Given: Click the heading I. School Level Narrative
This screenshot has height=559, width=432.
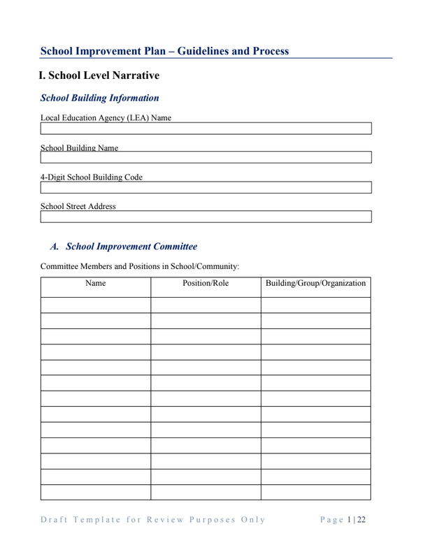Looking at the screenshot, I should coord(99,75).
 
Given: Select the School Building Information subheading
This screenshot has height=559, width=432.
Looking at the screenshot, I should coord(100,98).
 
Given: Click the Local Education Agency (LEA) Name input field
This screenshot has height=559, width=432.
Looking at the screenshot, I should coord(206,129).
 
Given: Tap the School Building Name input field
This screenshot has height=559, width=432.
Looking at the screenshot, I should coord(206,157).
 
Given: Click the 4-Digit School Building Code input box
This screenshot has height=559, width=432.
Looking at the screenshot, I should coord(206,187).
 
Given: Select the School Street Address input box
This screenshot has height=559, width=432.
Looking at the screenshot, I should coord(206,217).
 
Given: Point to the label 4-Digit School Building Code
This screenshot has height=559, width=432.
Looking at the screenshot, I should coord(92,177).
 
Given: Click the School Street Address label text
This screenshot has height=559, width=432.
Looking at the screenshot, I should coord(78,207).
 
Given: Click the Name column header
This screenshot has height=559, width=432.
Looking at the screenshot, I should coord(95,284).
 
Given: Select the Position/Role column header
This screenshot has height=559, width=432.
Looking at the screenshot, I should coord(206,284).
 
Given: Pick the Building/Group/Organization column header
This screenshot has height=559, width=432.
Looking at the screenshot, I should coord(315,284).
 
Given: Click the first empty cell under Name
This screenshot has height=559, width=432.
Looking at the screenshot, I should coord(95,305).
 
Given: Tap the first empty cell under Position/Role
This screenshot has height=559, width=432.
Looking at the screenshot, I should coord(206,305).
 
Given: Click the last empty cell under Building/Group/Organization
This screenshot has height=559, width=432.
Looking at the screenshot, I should coord(315,492).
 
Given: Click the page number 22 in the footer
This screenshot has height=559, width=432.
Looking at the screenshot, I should coord(361,519).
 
